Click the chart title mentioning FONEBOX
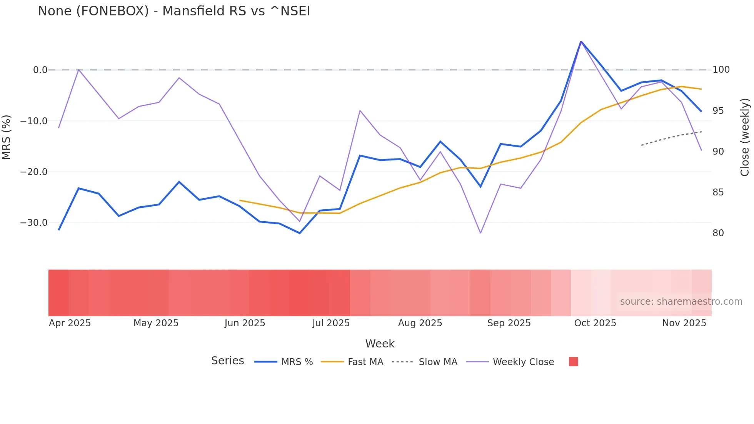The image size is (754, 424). [x=174, y=11]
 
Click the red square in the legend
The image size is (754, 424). [x=573, y=362]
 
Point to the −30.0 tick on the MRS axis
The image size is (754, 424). [x=34, y=223]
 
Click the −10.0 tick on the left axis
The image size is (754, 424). [x=34, y=121]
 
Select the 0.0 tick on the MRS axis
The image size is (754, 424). [x=40, y=70]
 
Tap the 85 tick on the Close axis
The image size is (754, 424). [x=718, y=192]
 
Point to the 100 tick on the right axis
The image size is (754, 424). [x=721, y=70]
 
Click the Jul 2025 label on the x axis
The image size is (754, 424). [x=331, y=323]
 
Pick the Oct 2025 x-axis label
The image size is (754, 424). [x=595, y=323]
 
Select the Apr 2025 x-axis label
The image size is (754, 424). [x=70, y=323]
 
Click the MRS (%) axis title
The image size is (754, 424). [x=7, y=137]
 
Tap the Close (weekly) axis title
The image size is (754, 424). [x=745, y=137]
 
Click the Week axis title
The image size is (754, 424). [x=380, y=344]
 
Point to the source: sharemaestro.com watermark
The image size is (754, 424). [x=681, y=302]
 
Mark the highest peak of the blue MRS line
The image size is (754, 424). [x=581, y=42]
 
